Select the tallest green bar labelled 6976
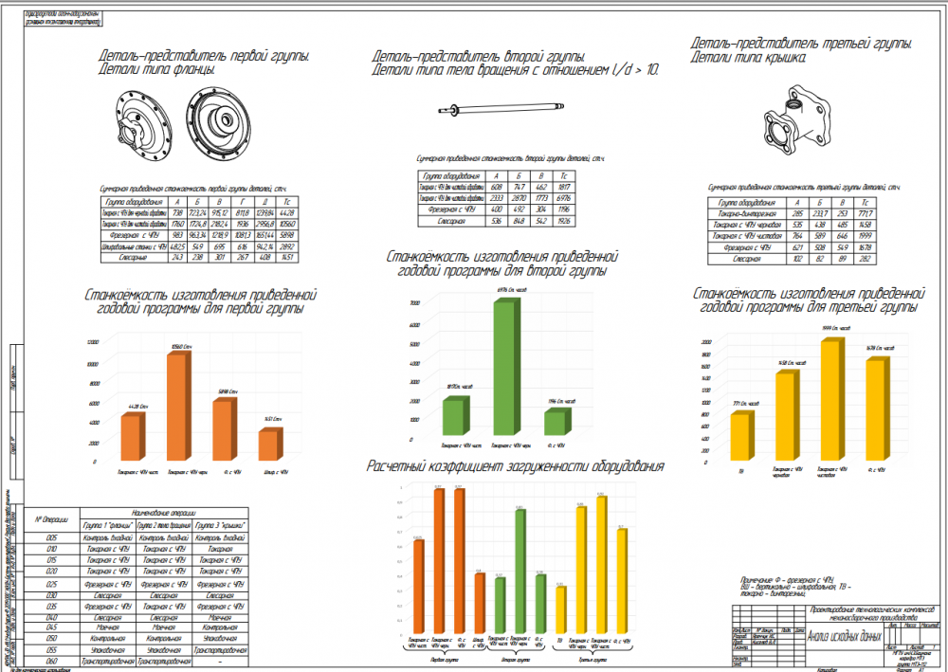point(508,370)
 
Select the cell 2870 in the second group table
point(518,197)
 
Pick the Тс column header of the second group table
point(564,176)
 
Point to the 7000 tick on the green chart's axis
point(414,302)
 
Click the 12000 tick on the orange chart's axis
point(92,341)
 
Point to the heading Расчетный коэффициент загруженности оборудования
point(516,467)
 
